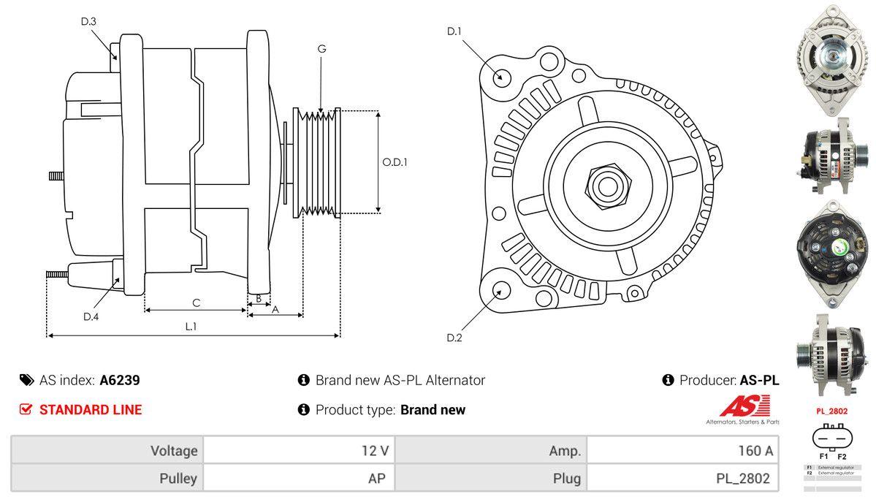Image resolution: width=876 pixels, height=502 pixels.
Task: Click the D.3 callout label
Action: point(88,22)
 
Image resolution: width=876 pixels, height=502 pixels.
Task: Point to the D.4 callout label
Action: point(91,316)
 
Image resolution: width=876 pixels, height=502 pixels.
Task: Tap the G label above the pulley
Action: point(321,49)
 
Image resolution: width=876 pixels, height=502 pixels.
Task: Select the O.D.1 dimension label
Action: point(395,162)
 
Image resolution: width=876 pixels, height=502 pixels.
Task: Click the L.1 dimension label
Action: point(190,327)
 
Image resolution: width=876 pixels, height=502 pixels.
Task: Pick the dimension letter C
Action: point(196,303)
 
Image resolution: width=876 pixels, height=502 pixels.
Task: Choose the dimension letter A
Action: point(275,309)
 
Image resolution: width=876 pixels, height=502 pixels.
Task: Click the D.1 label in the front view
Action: point(454,31)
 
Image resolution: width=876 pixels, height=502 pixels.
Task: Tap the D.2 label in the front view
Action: point(454,338)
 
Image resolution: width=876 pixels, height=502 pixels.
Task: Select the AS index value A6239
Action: point(120,380)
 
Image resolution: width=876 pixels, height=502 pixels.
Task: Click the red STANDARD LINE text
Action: point(91,410)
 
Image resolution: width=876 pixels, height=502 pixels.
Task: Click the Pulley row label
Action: point(178,479)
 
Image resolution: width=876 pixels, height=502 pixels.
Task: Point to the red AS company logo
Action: point(744,406)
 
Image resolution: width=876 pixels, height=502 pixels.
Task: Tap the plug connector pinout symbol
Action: point(832,438)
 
